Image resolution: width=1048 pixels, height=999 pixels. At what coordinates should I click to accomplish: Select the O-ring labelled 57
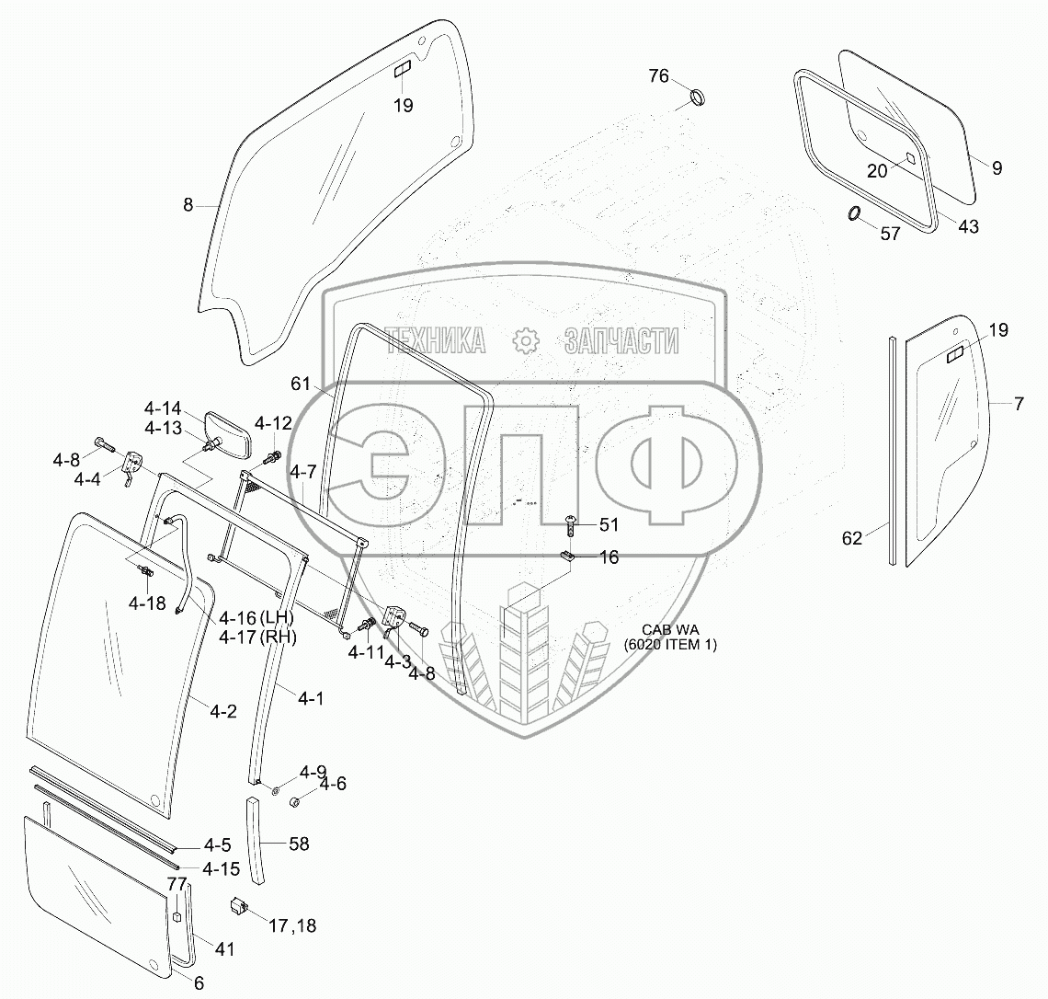point(854,214)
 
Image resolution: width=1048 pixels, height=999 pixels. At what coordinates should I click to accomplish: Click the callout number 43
point(968,226)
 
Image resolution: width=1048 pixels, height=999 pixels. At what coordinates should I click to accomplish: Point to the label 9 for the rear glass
point(997,168)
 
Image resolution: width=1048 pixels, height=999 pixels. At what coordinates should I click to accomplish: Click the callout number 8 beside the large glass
point(188,205)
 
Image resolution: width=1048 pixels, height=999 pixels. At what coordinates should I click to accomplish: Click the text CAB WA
point(670,629)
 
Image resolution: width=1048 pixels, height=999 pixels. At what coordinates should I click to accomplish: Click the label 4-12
point(273,423)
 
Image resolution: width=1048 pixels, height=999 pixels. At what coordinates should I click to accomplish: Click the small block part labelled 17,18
point(240,905)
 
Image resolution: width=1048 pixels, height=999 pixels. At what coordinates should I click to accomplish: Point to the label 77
point(176,885)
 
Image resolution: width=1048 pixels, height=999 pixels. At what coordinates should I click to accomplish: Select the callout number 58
point(299,844)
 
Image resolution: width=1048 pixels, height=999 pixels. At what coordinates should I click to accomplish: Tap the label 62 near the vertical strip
point(852,538)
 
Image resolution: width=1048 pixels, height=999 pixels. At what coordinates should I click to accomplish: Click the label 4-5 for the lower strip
point(217,844)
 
